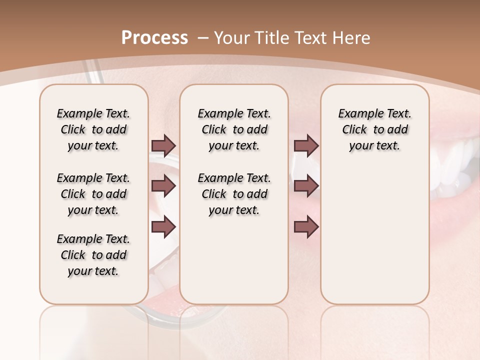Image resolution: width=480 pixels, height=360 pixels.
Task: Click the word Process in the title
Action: (154, 38)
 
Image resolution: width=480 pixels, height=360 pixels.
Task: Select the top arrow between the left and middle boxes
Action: (163, 145)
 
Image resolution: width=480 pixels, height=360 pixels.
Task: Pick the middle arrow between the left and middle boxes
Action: (163, 186)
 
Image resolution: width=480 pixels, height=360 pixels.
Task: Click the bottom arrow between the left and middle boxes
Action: (163, 226)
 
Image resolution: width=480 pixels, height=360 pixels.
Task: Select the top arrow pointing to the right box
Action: (306, 145)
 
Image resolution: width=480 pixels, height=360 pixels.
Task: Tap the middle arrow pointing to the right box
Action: (306, 186)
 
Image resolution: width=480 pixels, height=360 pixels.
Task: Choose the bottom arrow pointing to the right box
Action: (306, 226)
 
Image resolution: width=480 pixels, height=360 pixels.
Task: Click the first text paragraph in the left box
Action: (93, 129)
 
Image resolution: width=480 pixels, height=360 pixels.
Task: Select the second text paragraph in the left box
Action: (93, 194)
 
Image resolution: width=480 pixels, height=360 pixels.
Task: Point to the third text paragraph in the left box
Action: (93, 255)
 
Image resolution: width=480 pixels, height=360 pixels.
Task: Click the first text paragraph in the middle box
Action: (234, 129)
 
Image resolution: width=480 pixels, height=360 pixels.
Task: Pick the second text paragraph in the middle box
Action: (234, 194)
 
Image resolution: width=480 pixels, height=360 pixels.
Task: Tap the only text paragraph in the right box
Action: (375, 129)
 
